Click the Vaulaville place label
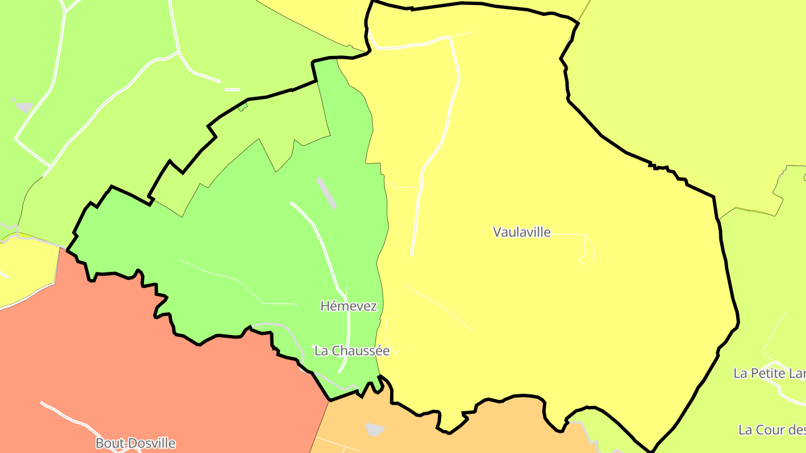(522, 232)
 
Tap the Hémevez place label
(349, 306)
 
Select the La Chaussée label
(352, 351)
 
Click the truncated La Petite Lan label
(770, 374)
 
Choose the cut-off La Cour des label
(772, 430)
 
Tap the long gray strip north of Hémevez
(326, 193)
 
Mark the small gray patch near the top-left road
(24, 106)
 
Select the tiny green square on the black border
(242, 106)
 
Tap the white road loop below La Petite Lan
(784, 389)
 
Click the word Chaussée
(364, 351)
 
